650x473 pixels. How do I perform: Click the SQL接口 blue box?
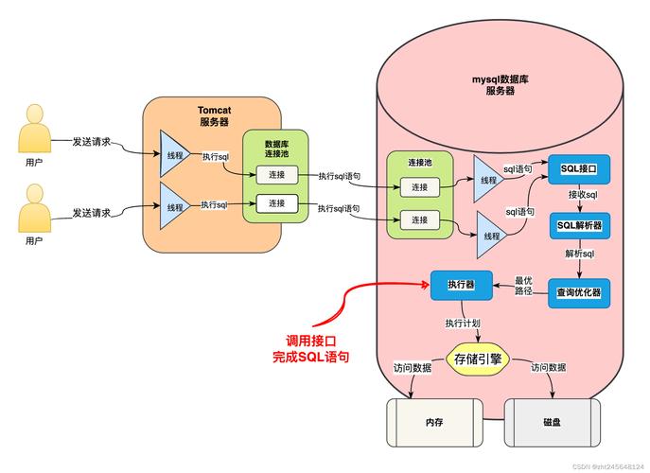579,168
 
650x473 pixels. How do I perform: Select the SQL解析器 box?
579,227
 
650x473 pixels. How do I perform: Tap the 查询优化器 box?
579,293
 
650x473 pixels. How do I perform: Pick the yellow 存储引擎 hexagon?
477,359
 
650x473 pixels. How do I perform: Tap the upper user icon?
33,130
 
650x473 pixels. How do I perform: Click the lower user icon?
33,209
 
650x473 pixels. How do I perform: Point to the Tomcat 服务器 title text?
214,115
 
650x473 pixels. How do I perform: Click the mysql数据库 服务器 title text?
506,84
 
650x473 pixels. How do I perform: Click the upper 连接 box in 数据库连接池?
276,175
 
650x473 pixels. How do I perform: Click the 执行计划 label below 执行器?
464,324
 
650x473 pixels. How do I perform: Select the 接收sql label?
582,195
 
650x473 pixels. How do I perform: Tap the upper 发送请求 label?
92,142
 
